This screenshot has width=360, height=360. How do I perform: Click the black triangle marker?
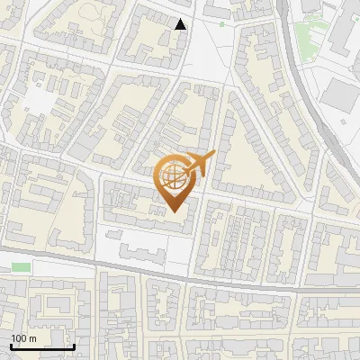(x=181, y=24)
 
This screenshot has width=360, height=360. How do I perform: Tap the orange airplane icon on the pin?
(x=200, y=163)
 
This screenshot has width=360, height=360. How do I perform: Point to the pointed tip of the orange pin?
(x=174, y=212)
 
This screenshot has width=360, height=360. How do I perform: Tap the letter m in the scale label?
(x=34, y=338)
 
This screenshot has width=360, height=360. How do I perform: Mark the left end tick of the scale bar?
(x=12, y=345)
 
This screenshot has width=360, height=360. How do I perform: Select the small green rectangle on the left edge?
(x=22, y=266)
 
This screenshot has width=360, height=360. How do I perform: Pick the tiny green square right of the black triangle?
(x=222, y=24)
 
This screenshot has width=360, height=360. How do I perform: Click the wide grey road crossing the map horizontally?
(x=180, y=274)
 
